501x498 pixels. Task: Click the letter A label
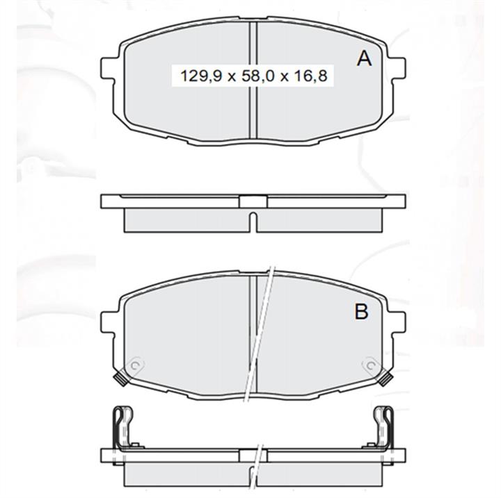pyautogui.click(x=364, y=59)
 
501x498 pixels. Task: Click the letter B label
pyautogui.click(x=361, y=311)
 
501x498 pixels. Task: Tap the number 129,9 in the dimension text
pyautogui.click(x=201, y=76)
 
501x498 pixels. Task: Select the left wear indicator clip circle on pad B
pyautogui.click(x=135, y=365)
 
